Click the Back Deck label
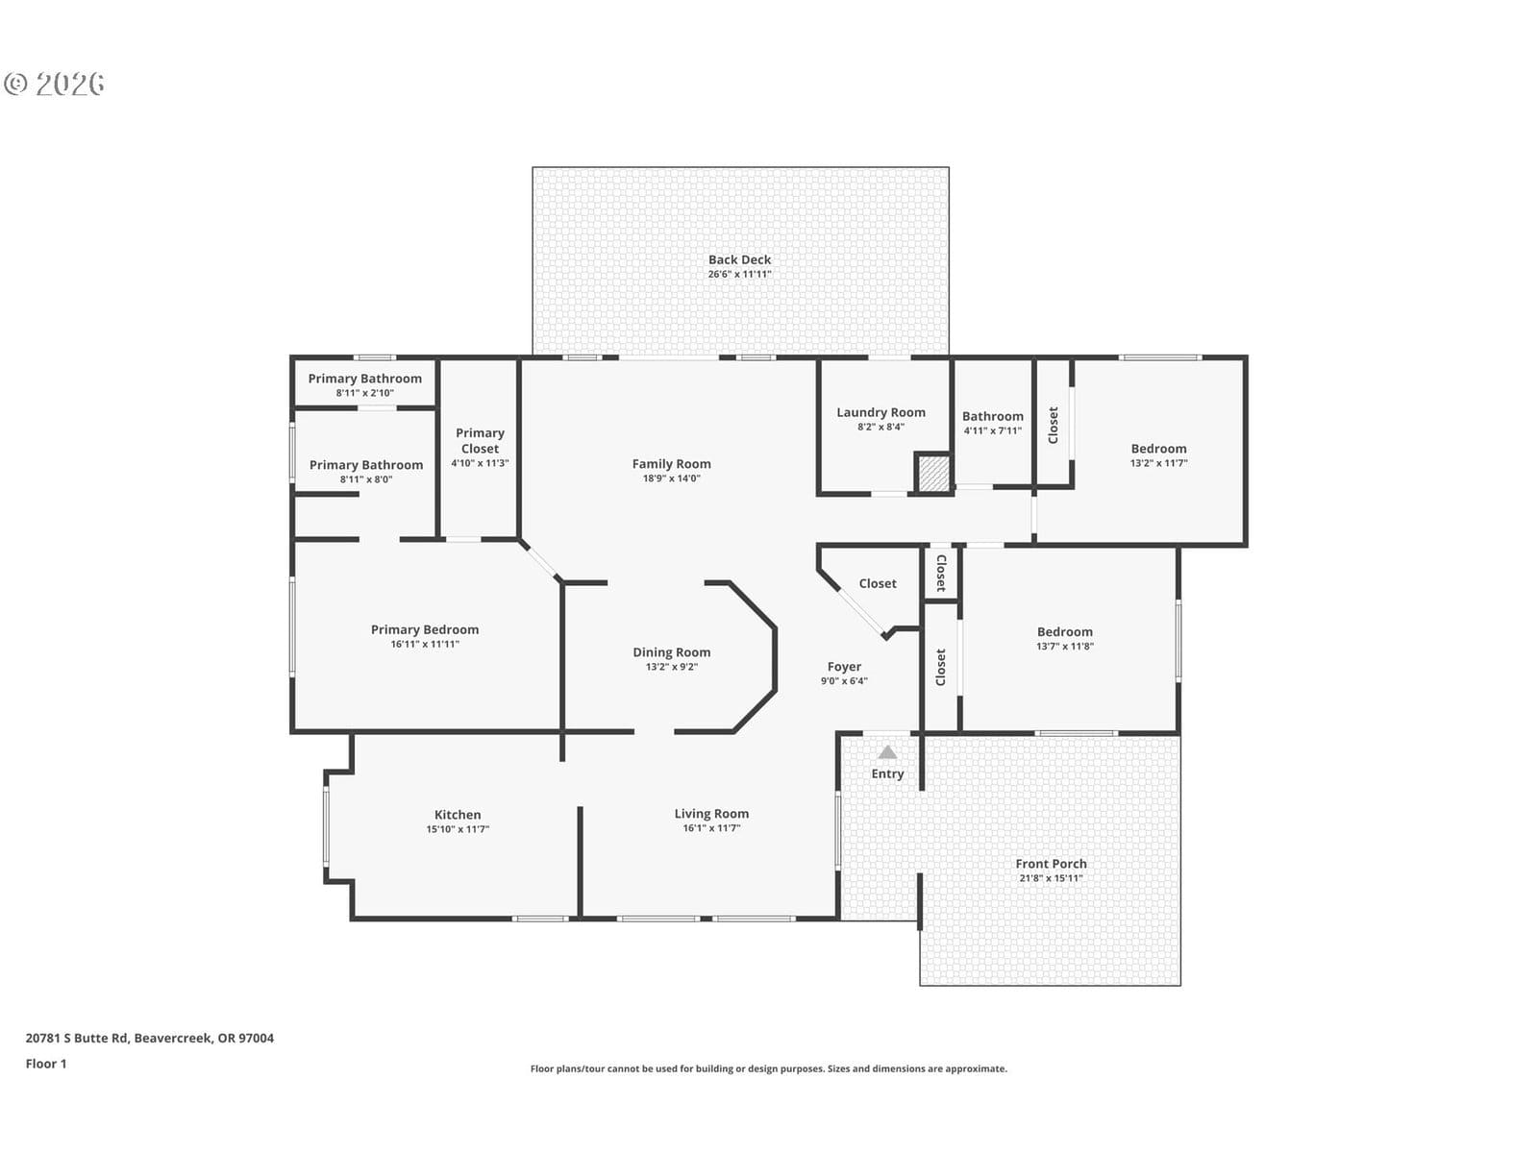click(x=739, y=259)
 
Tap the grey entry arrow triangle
click(x=887, y=752)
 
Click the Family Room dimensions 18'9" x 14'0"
click(x=671, y=478)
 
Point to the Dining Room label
click(x=671, y=651)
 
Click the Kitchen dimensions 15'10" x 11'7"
click(x=458, y=829)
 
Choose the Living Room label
click(x=711, y=814)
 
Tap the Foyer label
click(x=844, y=667)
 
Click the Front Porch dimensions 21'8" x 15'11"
click(x=1051, y=878)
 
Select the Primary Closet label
click(x=480, y=440)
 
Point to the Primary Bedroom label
click(x=425, y=629)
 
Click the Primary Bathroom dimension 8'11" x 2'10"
click(x=364, y=393)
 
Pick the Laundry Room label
click(x=881, y=412)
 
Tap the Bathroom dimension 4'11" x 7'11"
click(x=992, y=430)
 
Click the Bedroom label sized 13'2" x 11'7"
click(x=1158, y=449)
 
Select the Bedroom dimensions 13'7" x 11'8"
click(x=1064, y=646)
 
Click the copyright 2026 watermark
click(x=54, y=84)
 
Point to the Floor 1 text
click(x=46, y=1064)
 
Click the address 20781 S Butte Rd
click(x=77, y=1038)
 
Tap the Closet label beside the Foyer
click(x=878, y=583)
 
